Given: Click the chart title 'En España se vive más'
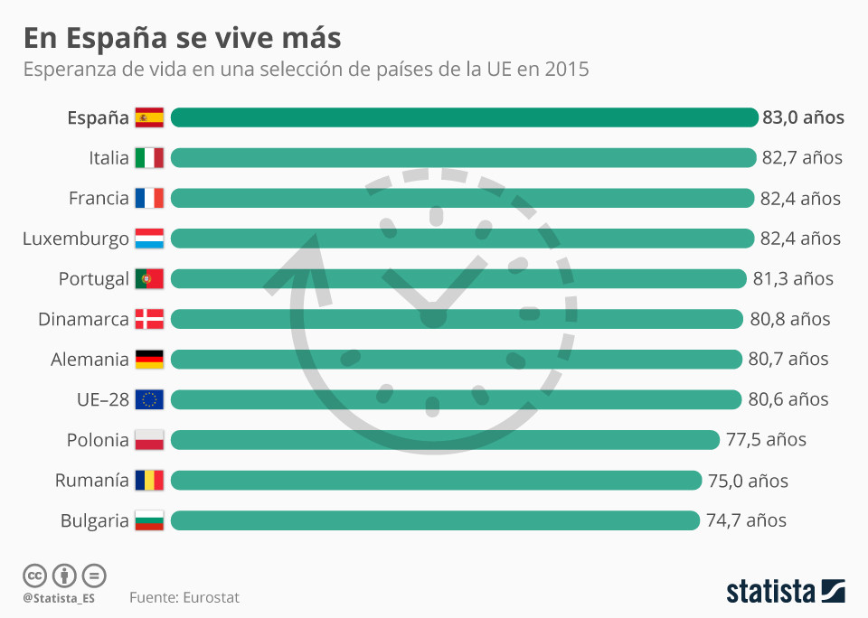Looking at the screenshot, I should coord(182,38).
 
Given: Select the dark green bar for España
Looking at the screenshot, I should coord(464,117).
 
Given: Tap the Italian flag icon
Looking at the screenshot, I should coord(149,158).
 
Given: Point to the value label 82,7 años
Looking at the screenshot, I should coord(802,158).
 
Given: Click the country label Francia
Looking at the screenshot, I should coord(99,199).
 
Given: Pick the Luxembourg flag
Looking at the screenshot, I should coord(149,239).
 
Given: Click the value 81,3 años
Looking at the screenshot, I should coord(793,279).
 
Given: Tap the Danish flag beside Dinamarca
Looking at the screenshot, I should coord(149,319).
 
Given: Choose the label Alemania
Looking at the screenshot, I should coord(90,360).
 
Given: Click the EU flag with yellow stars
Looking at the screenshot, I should coord(149,399).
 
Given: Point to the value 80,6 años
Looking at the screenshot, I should coord(788,399).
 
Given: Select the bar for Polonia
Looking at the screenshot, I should coord(444,440).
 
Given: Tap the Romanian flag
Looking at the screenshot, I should coord(149,480).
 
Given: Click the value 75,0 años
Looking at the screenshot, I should coord(748,481).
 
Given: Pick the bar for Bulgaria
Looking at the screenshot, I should coord(435,520).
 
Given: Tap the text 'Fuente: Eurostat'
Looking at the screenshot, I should coord(184,597).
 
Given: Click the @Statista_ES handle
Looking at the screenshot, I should coord(60,598).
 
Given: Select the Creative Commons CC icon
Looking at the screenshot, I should coord(34,576).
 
